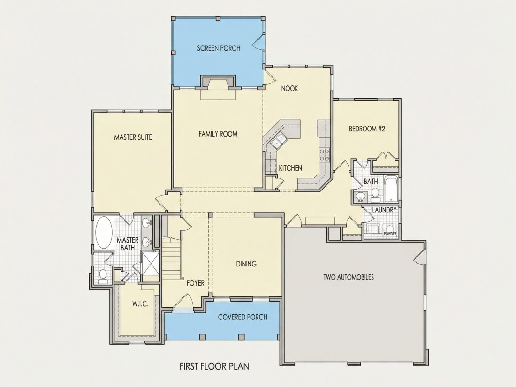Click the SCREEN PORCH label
(x=219, y=48)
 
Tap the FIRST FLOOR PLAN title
(x=214, y=366)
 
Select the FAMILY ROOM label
(x=218, y=134)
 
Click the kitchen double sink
(x=278, y=141)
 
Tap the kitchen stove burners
(x=325, y=155)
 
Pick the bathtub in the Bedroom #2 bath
(x=391, y=190)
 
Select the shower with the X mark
(x=151, y=262)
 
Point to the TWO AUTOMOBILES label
(x=349, y=277)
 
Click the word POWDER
(x=390, y=234)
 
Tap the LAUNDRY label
(x=384, y=210)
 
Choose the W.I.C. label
(x=141, y=304)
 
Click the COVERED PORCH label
(x=243, y=317)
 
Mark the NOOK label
(x=289, y=88)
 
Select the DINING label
(x=246, y=264)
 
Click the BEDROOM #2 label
(x=367, y=129)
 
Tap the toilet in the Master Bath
(x=103, y=276)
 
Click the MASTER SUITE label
(x=133, y=137)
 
